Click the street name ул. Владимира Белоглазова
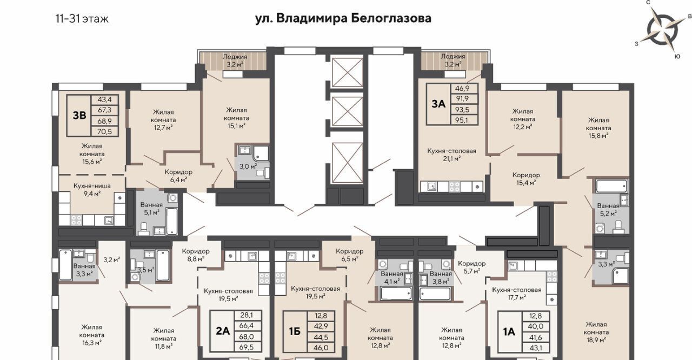[x=343, y=18]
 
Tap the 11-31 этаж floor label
[x=82, y=19]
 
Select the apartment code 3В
[x=79, y=116]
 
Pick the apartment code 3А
[x=438, y=104]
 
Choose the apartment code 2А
[x=223, y=331]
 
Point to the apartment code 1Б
[x=295, y=331]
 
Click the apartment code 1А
[x=509, y=332]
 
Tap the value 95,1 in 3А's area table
[x=462, y=120]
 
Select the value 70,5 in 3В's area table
[x=105, y=131]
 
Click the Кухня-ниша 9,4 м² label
[x=92, y=190]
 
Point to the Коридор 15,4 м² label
[x=526, y=179]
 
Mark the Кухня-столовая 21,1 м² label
[x=451, y=155]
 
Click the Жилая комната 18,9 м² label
[x=596, y=332]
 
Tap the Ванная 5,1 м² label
[x=151, y=209]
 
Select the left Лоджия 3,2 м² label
[x=235, y=61]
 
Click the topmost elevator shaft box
[x=347, y=72]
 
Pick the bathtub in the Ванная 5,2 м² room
[x=611, y=186]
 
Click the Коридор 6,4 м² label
[x=178, y=176]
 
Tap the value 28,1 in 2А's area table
[x=247, y=315]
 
